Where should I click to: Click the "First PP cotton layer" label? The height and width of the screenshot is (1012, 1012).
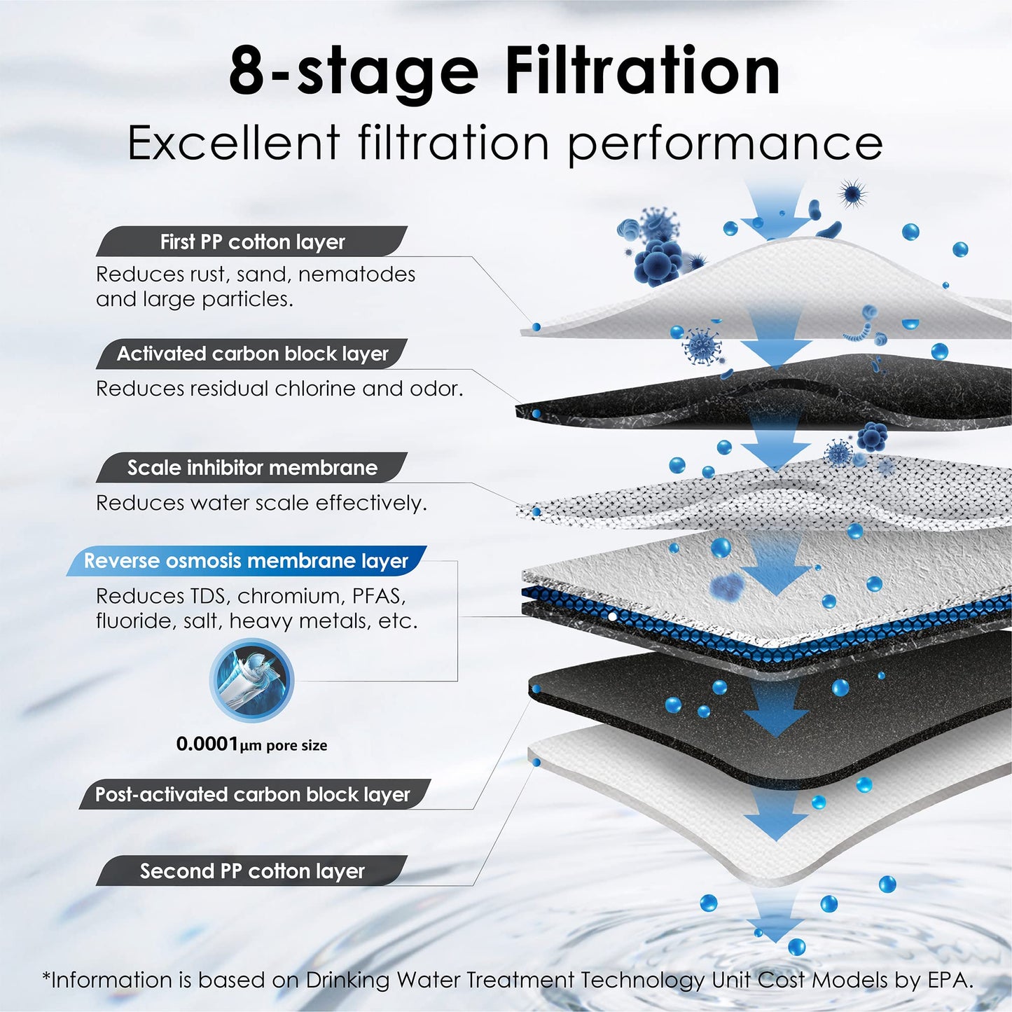point(252,242)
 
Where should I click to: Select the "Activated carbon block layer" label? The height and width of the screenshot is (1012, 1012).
point(252,354)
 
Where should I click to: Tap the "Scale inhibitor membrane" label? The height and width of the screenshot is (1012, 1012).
point(252,467)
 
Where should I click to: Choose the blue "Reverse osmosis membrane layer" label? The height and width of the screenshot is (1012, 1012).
point(246,561)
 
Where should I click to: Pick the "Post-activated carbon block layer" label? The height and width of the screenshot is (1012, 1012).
point(252,794)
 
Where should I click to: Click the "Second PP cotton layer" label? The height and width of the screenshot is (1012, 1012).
point(252,871)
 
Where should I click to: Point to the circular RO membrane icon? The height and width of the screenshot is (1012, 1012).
point(251,680)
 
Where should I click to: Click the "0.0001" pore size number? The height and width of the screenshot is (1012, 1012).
point(207,744)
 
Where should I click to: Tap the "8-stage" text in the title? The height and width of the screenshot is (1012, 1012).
point(353,71)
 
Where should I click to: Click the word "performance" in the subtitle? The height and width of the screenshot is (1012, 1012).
point(725,144)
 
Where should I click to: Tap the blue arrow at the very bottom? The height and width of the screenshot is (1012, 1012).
point(775,921)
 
